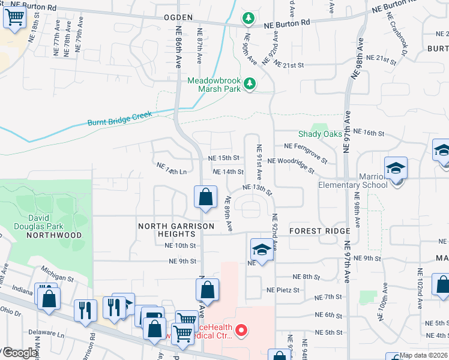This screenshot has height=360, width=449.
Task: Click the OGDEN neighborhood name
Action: pos(178,18)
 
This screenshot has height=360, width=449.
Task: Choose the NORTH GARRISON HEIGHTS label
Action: pos(176,230)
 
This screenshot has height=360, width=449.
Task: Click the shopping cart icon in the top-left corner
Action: pos(14,17)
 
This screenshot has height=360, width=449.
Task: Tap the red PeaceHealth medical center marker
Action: pos(241,329)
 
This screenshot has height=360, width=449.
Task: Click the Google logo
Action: pos(20,353)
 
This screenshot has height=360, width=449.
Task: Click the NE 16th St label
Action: pos(368,131)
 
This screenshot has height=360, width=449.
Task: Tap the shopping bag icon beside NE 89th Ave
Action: pos(205,197)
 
